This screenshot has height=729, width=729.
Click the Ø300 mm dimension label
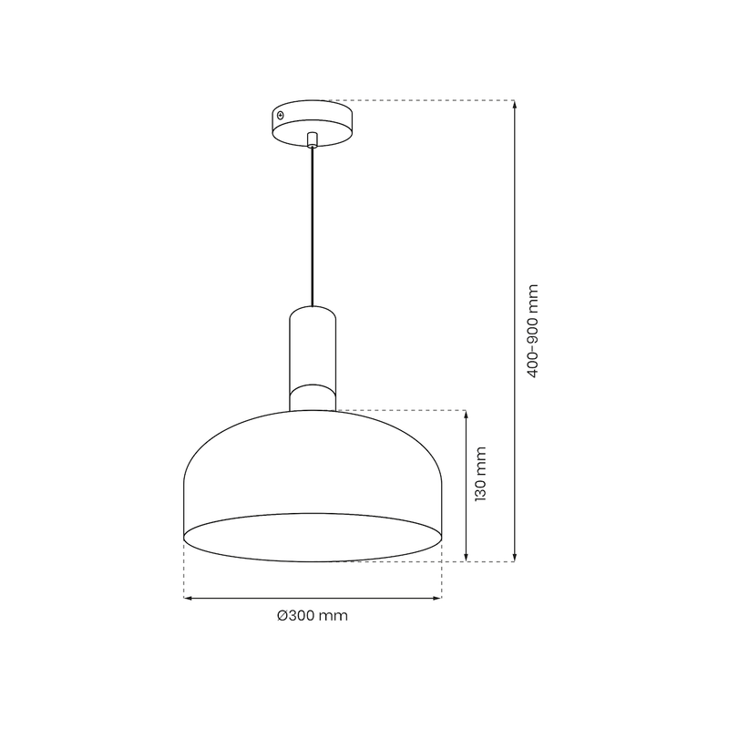point(313,615)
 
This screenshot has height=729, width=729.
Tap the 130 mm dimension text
point(483,474)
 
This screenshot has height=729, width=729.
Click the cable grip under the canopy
point(313,139)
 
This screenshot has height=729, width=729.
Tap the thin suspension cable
point(313,228)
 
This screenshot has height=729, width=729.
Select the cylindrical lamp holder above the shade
point(313,346)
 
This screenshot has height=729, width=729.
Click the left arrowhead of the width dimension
point(189,599)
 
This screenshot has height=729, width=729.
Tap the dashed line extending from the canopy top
point(419,99)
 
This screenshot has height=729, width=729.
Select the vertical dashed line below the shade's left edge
point(184,574)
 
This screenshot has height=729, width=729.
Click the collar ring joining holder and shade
point(313,398)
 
